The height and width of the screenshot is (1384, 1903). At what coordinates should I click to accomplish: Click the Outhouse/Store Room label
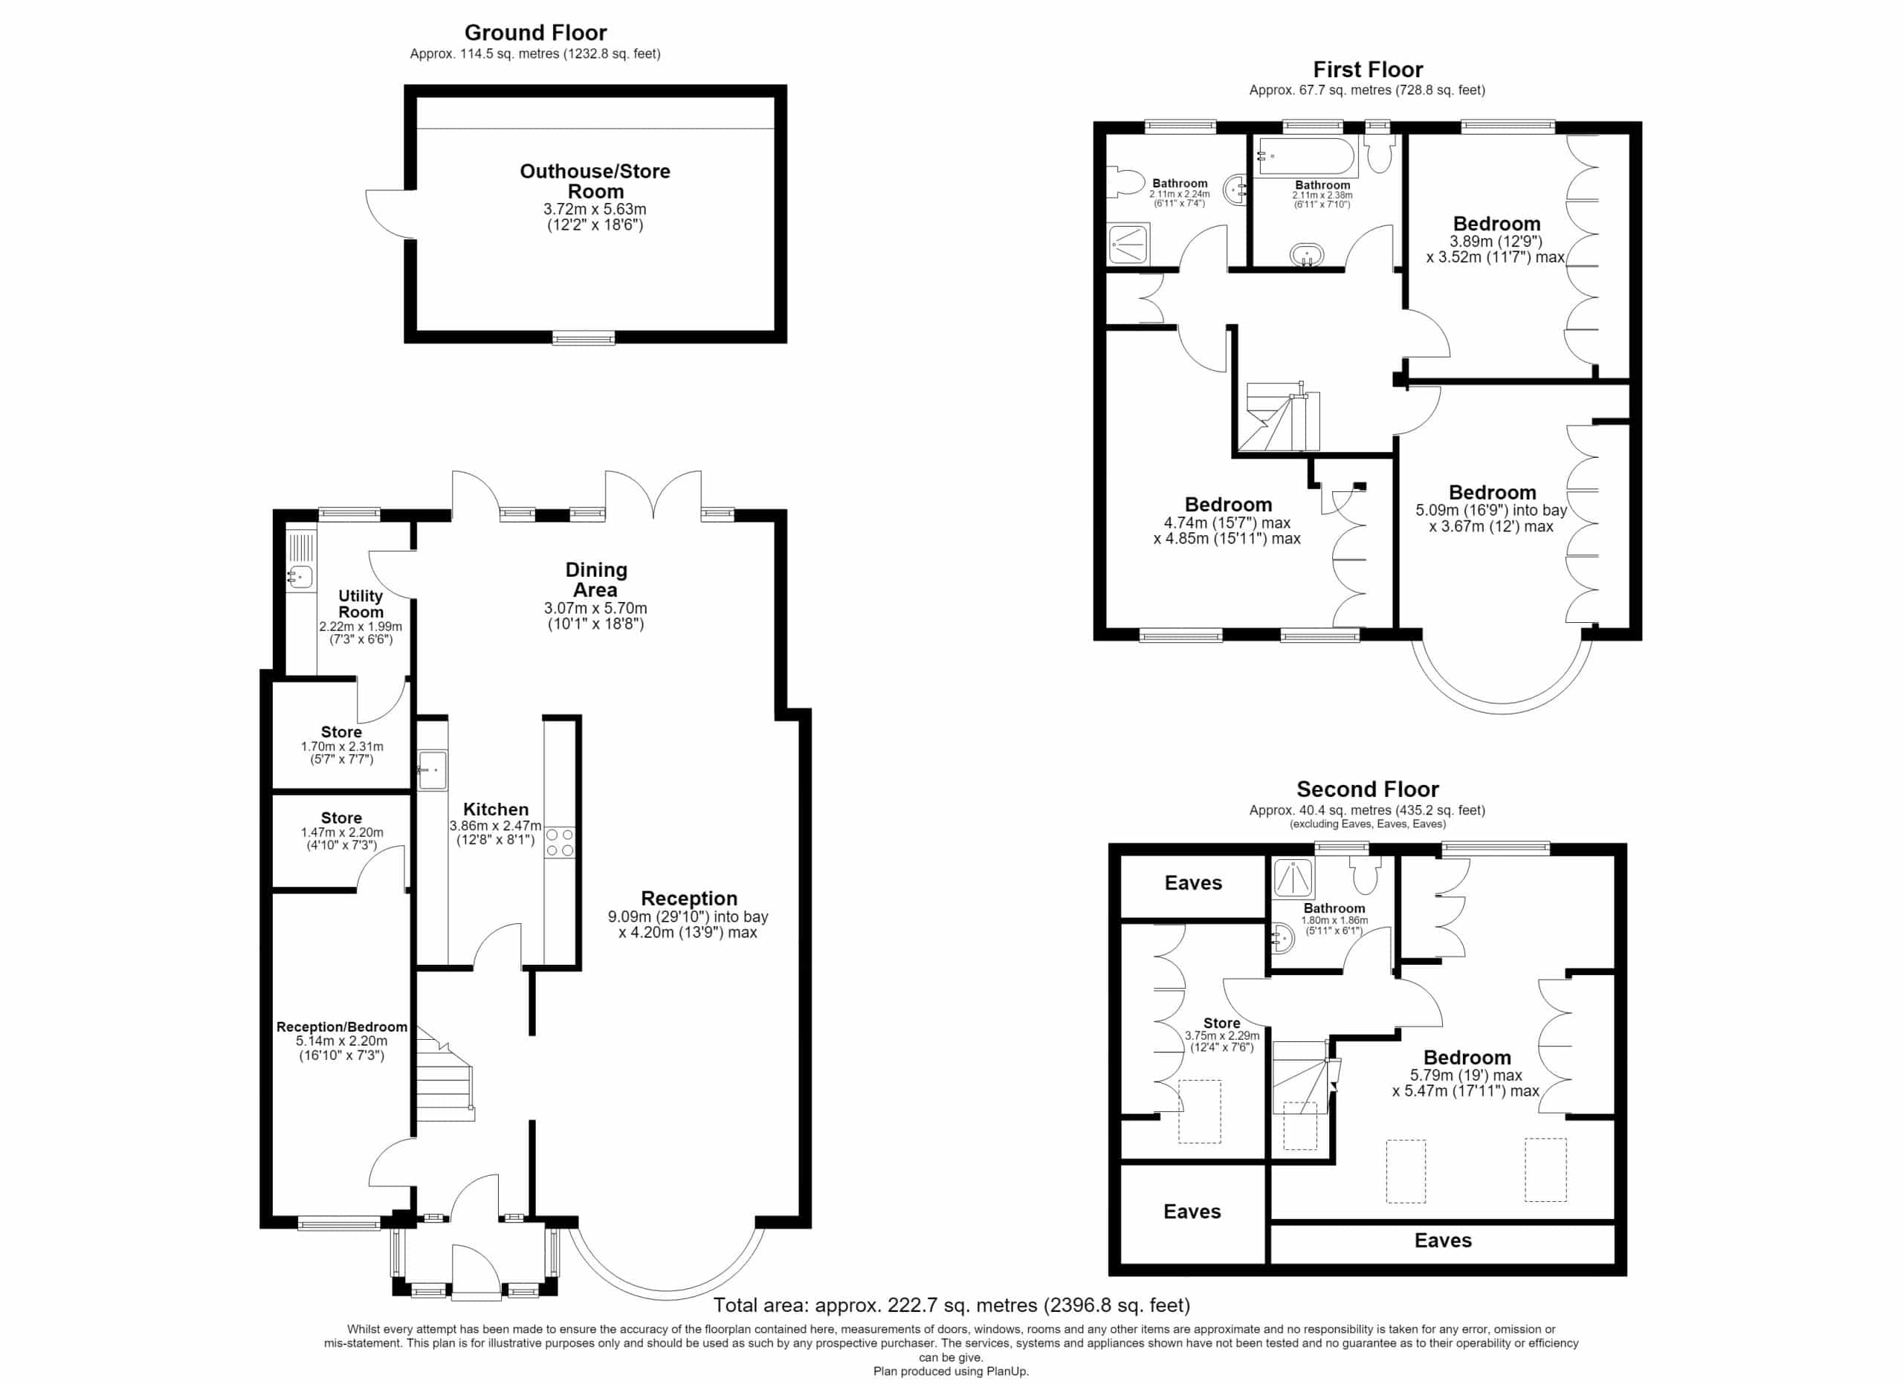(x=595, y=181)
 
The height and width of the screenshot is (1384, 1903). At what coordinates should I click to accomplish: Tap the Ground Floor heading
(x=535, y=33)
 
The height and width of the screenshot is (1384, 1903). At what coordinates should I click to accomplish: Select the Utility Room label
(x=360, y=604)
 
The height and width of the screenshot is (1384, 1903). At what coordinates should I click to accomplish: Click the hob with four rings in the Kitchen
(x=560, y=842)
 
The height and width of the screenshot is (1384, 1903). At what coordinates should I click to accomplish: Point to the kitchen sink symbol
(x=433, y=770)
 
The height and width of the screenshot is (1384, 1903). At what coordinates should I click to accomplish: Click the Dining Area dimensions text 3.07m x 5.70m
(x=595, y=608)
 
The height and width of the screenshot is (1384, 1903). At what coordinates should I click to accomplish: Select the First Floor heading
(x=1368, y=70)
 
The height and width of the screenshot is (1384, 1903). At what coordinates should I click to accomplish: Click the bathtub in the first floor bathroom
(x=1305, y=157)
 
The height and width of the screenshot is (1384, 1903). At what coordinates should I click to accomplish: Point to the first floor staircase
(x=1282, y=417)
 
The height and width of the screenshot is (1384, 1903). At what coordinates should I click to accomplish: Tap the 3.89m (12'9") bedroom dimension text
(x=1496, y=242)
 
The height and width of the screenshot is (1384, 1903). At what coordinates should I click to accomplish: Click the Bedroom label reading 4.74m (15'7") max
(x=1227, y=504)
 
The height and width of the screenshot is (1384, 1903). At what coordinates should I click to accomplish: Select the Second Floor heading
(x=1368, y=789)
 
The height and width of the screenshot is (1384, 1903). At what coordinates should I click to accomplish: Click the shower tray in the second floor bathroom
(x=1294, y=879)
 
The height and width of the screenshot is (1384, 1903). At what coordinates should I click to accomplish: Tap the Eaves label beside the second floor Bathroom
(x=1193, y=882)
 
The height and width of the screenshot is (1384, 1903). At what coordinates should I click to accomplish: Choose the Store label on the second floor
(x=1221, y=1024)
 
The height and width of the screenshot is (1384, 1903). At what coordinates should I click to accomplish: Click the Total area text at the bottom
(x=951, y=1305)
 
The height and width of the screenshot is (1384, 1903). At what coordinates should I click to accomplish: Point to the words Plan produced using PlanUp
(x=951, y=1371)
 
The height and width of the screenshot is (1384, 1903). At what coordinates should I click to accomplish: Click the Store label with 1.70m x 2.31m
(x=341, y=732)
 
